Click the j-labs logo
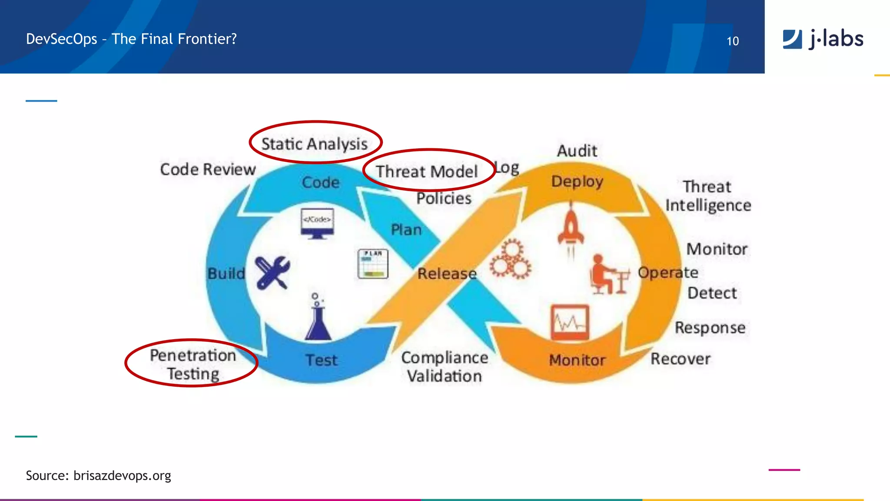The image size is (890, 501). point(823,39)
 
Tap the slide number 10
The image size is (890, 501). point(733,41)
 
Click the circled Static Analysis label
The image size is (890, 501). point(315,144)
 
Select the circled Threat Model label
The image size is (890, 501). point(427,171)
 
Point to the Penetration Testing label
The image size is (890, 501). point(193,364)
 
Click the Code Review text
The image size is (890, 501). point(208,170)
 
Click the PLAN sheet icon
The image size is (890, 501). point(372,264)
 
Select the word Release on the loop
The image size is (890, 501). point(447,274)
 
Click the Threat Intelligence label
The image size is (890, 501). point(708,196)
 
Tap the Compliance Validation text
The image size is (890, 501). point(445,367)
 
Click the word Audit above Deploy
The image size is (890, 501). point(577,151)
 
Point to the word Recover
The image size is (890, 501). point(680,359)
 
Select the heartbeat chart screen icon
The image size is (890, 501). point(570,322)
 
